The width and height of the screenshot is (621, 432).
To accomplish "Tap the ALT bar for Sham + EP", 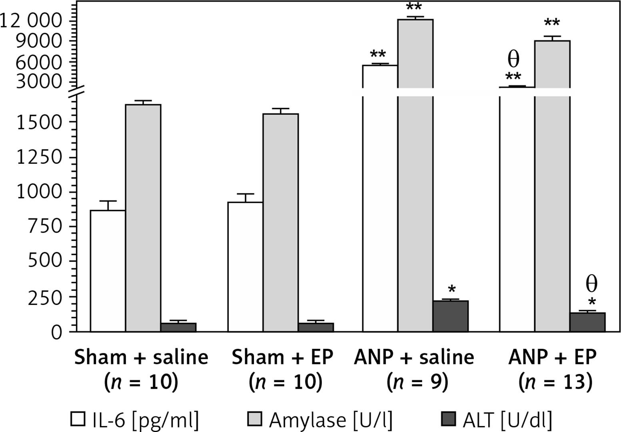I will pyautogui.click(x=315, y=327).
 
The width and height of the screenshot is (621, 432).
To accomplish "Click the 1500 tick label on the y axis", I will pyautogui.click(x=40, y=122).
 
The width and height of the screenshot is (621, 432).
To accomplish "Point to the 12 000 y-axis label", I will pyautogui.click(x=31, y=21).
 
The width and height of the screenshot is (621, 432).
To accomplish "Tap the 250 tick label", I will pyautogui.click(x=45, y=297).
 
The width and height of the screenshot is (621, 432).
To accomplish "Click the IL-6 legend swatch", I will pyautogui.click(x=78, y=420).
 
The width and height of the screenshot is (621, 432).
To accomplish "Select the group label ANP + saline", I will pyautogui.click(x=414, y=357).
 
